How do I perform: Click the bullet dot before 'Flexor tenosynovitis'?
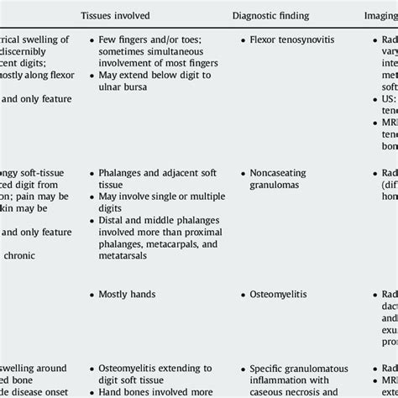(x=244, y=39)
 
